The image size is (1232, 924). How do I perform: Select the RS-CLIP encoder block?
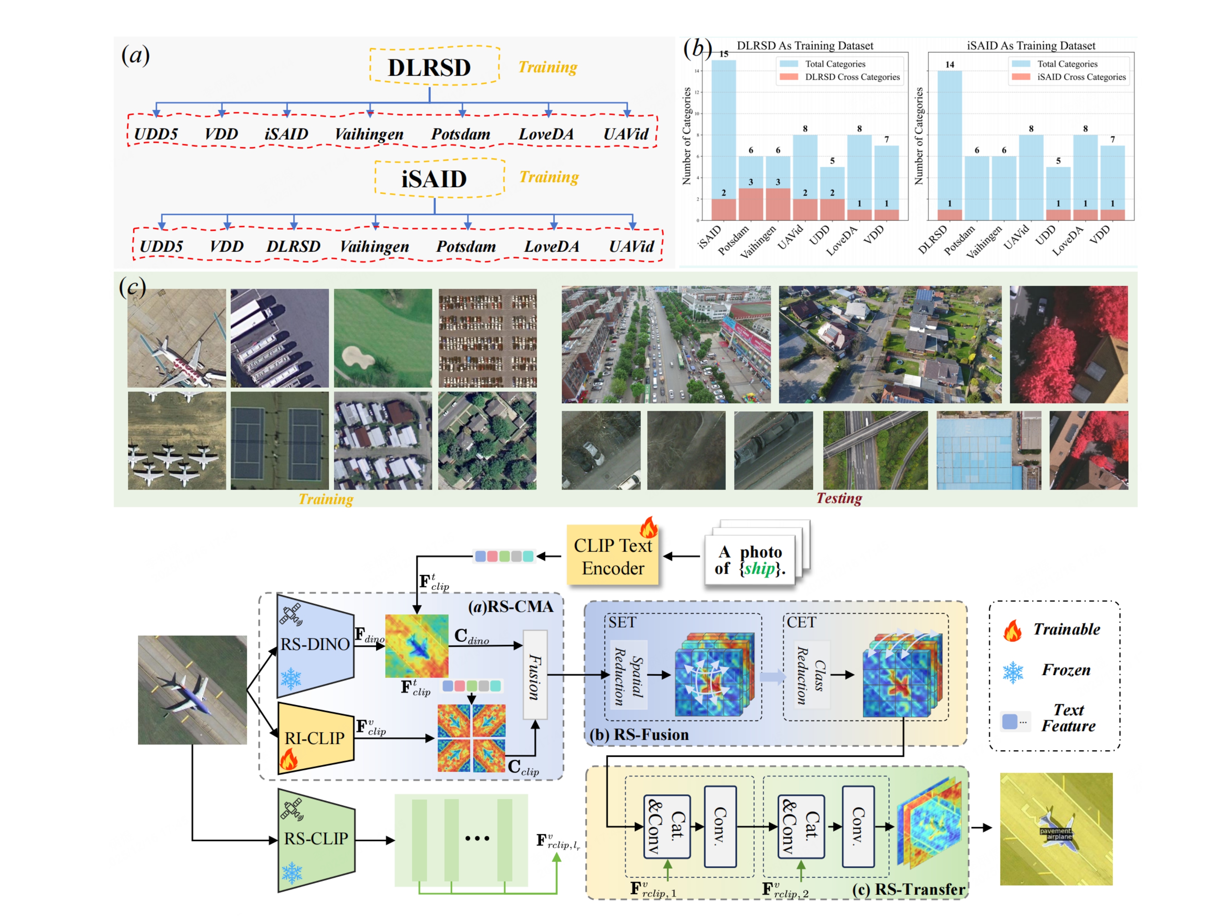[316, 838]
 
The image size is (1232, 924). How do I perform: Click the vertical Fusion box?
[535, 675]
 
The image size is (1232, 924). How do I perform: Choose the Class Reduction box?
[810, 675]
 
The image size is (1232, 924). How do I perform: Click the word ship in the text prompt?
[760, 569]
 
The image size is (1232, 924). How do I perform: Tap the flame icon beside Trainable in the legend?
[1012, 630]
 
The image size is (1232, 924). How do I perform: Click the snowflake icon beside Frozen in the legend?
[1013, 672]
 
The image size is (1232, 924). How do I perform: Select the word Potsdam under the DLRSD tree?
[460, 134]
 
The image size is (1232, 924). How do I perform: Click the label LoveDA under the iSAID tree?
[551, 246]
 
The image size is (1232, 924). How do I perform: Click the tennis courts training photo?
[280, 440]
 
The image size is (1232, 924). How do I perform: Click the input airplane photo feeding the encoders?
[192, 690]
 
